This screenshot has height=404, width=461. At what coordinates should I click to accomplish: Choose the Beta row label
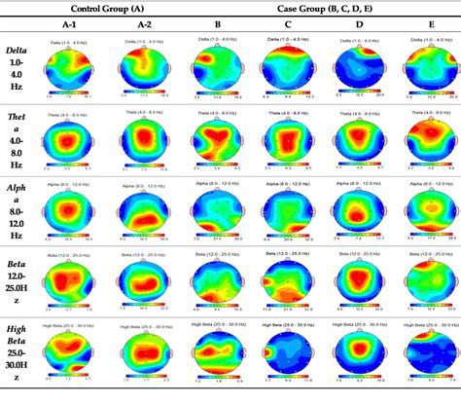[x=18, y=292]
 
